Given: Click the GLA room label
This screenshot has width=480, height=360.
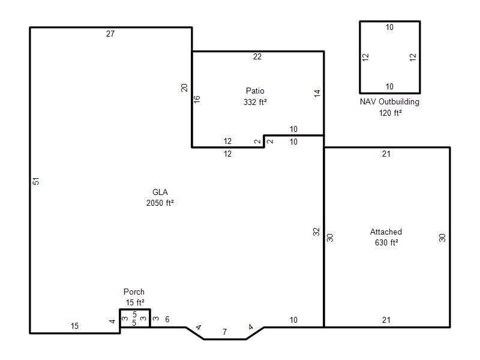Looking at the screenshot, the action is (160, 192).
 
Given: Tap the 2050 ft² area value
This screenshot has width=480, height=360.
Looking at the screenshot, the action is (160, 203).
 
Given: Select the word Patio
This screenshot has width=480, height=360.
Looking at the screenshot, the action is (255, 91).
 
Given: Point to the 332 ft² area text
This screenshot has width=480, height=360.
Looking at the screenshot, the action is (255, 102).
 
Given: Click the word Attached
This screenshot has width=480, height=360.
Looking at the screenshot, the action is (386, 232).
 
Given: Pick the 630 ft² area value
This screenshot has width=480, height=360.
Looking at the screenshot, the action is (386, 242).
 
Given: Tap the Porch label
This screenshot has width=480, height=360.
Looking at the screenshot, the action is (134, 292).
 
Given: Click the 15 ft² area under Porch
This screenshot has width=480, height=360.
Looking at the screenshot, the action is (134, 302).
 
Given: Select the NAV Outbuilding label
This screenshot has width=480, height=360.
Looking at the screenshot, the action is (389, 101).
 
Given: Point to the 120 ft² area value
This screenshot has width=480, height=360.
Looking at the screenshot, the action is (391, 113).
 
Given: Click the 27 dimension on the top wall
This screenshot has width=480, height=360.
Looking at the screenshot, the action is (110, 34).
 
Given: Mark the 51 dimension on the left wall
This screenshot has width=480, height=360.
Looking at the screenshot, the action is (36, 181).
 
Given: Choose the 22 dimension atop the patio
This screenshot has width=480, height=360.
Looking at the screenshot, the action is (257, 56).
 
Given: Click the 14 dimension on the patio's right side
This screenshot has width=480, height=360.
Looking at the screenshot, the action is (317, 94).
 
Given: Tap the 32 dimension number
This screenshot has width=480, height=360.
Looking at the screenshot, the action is (316, 232).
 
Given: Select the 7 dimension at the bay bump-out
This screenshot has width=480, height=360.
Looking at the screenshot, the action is (224, 332).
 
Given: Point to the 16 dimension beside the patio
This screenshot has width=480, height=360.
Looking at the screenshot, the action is (197, 99).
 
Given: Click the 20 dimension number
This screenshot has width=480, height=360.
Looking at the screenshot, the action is (184, 88).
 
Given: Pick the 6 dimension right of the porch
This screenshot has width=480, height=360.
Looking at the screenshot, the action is (167, 320).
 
